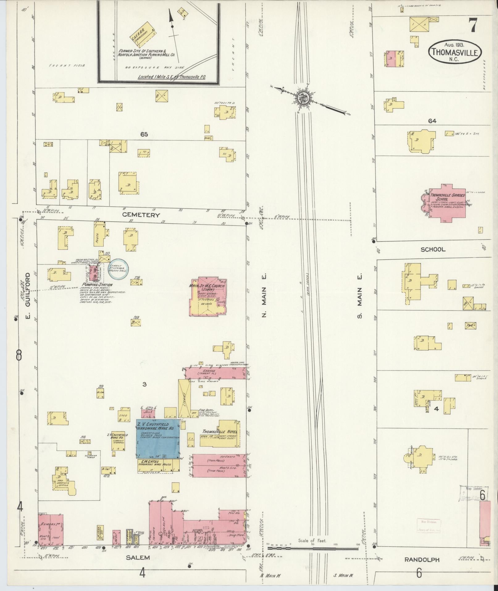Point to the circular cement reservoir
119,268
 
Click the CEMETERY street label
141,215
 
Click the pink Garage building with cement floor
216,373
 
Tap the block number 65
144,134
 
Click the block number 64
432,121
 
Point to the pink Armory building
51,530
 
